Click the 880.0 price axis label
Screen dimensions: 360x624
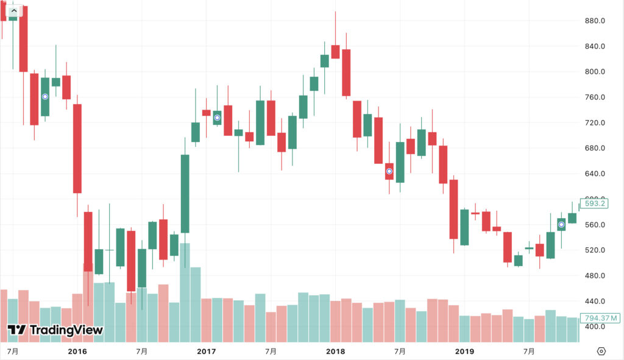tap(594, 21)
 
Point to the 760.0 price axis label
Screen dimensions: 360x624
tap(594, 97)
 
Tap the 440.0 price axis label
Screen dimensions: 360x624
tap(594, 302)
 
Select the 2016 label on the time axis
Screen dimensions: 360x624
tap(77, 351)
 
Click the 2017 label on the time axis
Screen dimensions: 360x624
tap(207, 351)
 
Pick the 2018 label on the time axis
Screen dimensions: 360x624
tap(335, 351)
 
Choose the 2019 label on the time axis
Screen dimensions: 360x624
tap(464, 351)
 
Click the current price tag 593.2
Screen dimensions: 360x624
tap(594, 203)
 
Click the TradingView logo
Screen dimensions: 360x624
tap(55, 330)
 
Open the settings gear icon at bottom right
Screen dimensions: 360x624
tap(601, 351)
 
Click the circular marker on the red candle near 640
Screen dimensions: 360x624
tap(389, 171)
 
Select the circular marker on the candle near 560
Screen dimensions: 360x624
tap(561, 225)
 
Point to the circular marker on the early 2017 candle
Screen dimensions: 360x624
tap(217, 118)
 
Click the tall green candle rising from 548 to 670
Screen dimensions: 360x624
tap(185, 194)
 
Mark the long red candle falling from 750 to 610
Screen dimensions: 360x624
tap(77, 149)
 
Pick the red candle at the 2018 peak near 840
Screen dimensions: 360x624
tap(335, 52)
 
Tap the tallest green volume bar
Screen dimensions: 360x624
tap(185, 292)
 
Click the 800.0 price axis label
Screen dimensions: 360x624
tap(594, 72)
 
